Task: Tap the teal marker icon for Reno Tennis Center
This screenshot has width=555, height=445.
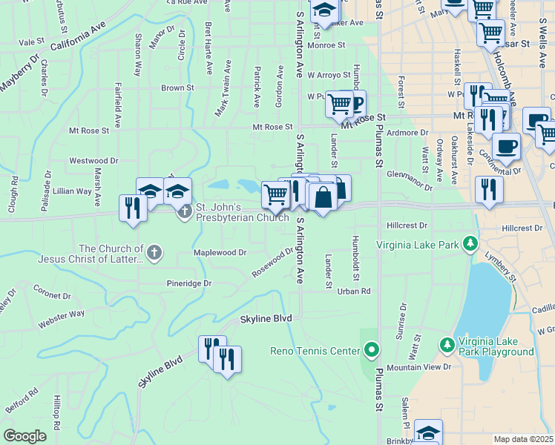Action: pyautogui.click(x=372, y=349)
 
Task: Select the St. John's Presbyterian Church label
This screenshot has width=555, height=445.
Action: pyautogui.click(x=242, y=212)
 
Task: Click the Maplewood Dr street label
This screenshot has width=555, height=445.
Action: pyautogui.click(x=220, y=253)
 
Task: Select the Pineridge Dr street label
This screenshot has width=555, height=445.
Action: pyautogui.click(x=189, y=283)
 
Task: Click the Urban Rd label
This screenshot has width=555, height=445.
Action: pyautogui.click(x=354, y=291)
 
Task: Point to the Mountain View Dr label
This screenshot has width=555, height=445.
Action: pyautogui.click(x=418, y=368)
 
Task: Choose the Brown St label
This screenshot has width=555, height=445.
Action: pyautogui.click(x=178, y=88)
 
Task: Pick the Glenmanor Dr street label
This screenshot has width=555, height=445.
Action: pyautogui.click(x=409, y=180)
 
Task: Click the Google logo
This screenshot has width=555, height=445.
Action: pyautogui.click(x=25, y=436)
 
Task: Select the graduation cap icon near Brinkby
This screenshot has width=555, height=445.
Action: pyautogui.click(x=428, y=432)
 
